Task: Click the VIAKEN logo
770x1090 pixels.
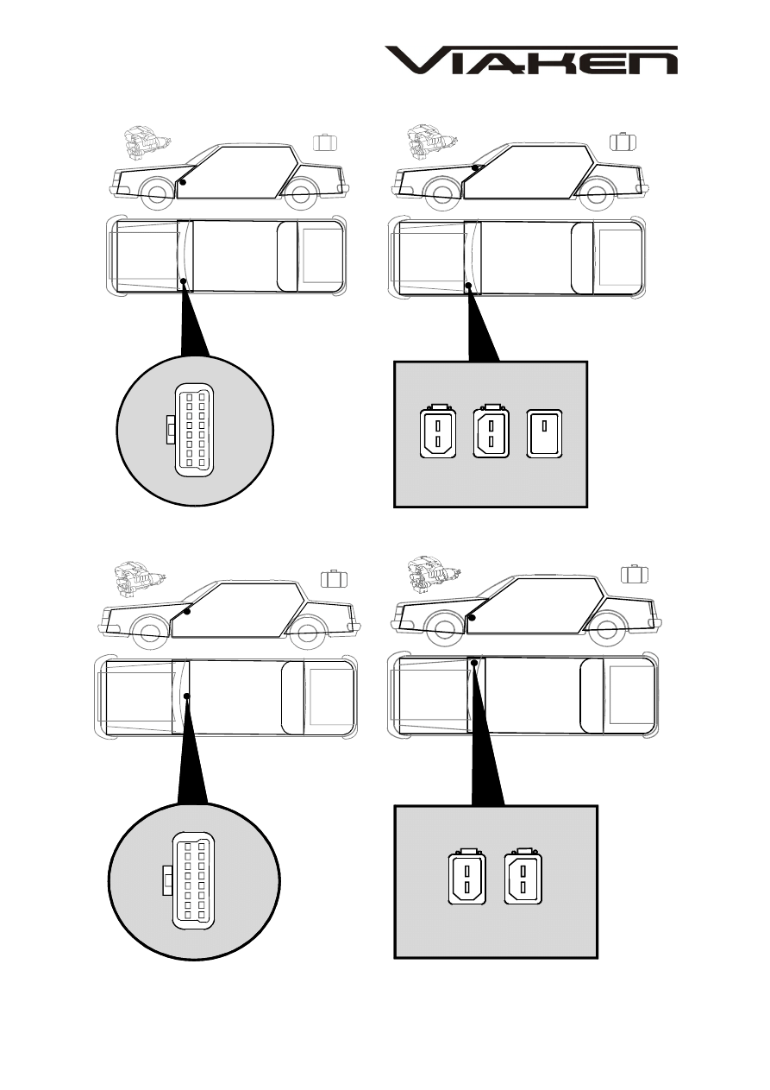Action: coord(531,60)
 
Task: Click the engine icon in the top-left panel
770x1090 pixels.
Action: coord(147,142)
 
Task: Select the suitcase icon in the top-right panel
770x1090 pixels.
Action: coord(623,142)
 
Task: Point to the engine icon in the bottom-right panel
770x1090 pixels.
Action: coord(434,575)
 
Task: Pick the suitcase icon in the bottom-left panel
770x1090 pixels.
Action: coord(334,578)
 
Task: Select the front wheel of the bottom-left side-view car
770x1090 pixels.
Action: coord(149,632)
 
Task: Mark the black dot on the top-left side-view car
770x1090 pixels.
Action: coord(184,182)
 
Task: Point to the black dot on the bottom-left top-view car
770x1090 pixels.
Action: coord(186,696)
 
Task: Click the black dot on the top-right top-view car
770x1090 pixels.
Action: coord(468,286)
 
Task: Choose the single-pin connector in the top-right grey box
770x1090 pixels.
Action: coord(544,433)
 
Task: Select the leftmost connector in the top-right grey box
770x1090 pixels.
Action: coord(438,432)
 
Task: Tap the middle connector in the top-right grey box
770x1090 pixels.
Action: coord(491,432)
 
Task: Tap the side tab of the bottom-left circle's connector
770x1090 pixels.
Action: coord(168,880)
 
